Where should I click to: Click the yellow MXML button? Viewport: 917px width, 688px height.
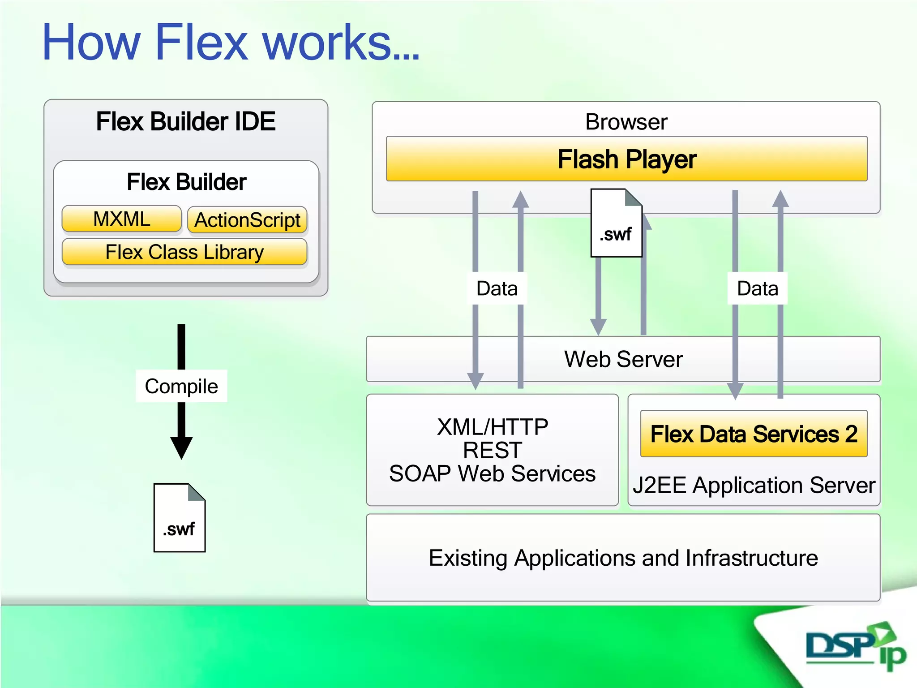pyautogui.click(x=121, y=219)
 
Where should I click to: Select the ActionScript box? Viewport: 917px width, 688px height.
pyautogui.click(x=247, y=220)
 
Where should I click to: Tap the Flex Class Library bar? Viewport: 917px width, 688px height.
pyautogui.click(x=184, y=252)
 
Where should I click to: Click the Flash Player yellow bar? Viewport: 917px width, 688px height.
pyautogui.click(x=626, y=159)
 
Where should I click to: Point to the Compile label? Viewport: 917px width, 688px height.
pyautogui.click(x=181, y=386)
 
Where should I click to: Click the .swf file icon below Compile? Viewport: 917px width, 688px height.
pyautogui.click(x=180, y=518)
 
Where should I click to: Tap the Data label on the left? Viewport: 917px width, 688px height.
pyautogui.click(x=497, y=288)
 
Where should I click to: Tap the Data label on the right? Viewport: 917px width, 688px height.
pyautogui.click(x=758, y=288)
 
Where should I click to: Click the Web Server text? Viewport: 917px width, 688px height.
pyautogui.click(x=623, y=359)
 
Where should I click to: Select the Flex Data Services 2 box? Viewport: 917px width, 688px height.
pyautogui.click(x=754, y=434)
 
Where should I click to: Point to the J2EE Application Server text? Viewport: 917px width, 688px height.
pyautogui.click(x=754, y=485)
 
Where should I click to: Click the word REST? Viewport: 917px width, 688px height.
pyautogui.click(x=493, y=450)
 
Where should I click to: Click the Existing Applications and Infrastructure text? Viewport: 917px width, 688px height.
pyautogui.click(x=623, y=558)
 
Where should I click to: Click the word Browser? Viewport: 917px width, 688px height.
pyautogui.click(x=626, y=122)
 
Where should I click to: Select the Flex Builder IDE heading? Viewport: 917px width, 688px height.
pyautogui.click(x=186, y=121)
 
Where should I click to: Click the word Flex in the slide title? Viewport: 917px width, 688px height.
pyautogui.click(x=201, y=43)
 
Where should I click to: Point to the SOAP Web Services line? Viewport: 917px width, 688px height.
pyautogui.click(x=493, y=474)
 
